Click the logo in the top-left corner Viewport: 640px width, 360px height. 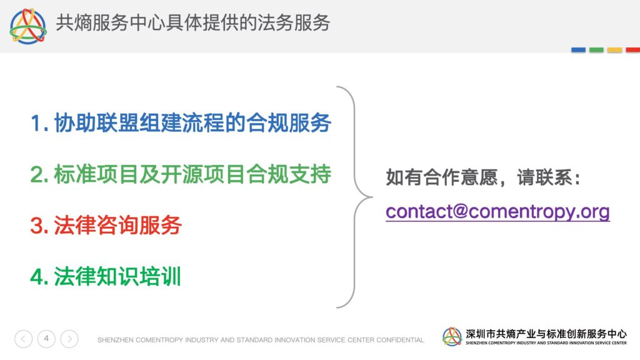(28, 26)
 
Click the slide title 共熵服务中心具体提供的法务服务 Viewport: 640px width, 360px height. (192, 22)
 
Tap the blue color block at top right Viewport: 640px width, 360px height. (578, 50)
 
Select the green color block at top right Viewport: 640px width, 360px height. (596, 50)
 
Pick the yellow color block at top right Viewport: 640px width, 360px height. (615, 50)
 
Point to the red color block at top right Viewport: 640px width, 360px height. (632, 50)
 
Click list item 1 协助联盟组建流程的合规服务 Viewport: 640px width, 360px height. (181, 122)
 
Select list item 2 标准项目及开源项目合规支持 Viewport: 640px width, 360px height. (181, 174)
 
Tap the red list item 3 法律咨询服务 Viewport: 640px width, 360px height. (106, 225)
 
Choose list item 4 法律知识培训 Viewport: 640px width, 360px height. (105, 276)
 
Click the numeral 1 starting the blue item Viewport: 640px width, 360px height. (36, 123)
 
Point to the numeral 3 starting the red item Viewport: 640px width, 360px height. (37, 226)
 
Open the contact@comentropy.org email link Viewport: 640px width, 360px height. (497, 212)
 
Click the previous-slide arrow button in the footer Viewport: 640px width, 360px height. (23, 339)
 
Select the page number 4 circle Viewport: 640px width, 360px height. (46, 339)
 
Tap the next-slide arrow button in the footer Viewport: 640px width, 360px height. (69, 339)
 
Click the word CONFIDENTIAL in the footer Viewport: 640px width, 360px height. (400, 339)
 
